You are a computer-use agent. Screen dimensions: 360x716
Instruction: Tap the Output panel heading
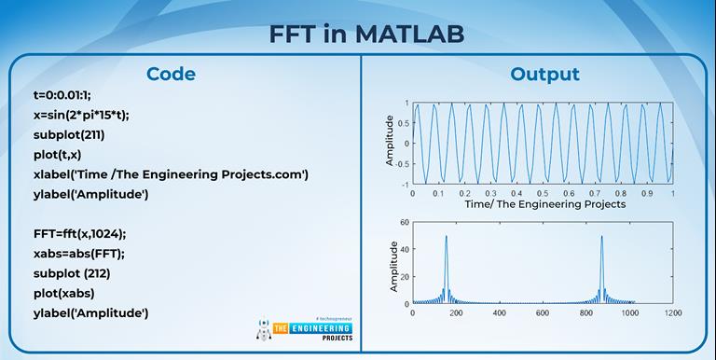pos(544,75)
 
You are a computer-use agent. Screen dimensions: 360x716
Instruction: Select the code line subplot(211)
pos(68,134)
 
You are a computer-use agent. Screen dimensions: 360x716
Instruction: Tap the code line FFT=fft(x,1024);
pos(86,233)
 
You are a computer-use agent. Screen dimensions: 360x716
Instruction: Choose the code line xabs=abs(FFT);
pos(82,253)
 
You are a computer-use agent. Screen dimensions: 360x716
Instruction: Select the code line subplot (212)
pos(71,272)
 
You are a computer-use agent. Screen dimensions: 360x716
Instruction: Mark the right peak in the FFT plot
pos(601,237)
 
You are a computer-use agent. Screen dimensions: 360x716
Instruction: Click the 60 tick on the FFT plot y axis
pos(404,222)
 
